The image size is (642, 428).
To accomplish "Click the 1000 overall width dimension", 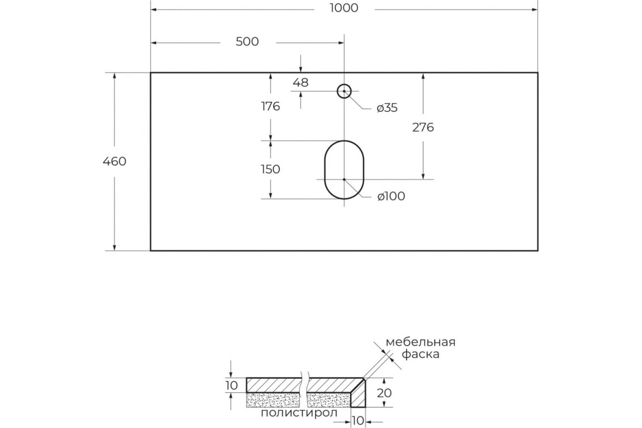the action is point(343,8).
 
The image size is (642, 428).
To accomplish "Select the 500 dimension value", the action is point(247,42).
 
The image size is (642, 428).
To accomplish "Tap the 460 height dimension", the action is point(114,162).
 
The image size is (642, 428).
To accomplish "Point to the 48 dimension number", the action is point(300,82).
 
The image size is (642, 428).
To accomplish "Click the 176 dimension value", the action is point(271,106).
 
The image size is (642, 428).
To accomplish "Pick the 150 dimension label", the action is point(270,170).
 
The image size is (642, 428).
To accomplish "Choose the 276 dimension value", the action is point(423,127).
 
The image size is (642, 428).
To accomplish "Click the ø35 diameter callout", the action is point(387,108).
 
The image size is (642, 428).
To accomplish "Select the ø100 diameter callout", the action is point(391,196).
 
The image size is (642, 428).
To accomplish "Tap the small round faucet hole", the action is point(344,85).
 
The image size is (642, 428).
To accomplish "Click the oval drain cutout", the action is point(325,170).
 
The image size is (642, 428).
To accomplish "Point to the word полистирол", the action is point(299,413).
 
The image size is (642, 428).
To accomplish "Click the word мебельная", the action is point(421,342).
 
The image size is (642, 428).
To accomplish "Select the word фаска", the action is point(421,354).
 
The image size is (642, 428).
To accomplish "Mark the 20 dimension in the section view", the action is point(384,393).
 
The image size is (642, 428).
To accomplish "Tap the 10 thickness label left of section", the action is point(232,386).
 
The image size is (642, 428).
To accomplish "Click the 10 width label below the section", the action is point(358,421).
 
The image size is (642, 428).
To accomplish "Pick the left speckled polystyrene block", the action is point(273,400).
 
